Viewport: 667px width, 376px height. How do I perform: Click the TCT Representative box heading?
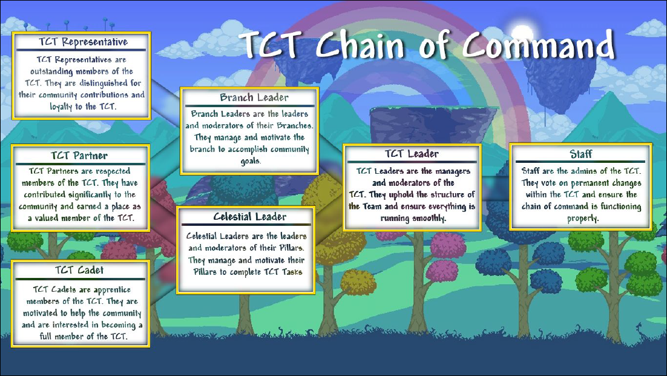(84, 42)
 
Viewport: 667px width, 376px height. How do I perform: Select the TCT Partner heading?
(79, 155)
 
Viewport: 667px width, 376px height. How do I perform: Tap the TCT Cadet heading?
(79, 270)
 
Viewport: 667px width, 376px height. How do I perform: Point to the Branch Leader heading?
(254, 97)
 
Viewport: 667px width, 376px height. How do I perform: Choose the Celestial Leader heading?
(250, 217)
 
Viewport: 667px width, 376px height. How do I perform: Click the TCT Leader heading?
(412, 154)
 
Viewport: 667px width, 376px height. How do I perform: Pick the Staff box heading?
(581, 154)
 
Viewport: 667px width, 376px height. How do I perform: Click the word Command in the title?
(539, 45)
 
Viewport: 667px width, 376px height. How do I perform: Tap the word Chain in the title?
(360, 45)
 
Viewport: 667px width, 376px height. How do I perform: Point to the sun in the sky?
(522, 34)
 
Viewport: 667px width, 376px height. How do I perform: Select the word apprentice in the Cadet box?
(112, 290)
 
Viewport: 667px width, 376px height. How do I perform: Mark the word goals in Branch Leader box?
(251, 161)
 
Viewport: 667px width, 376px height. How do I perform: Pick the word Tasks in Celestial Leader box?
(292, 272)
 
